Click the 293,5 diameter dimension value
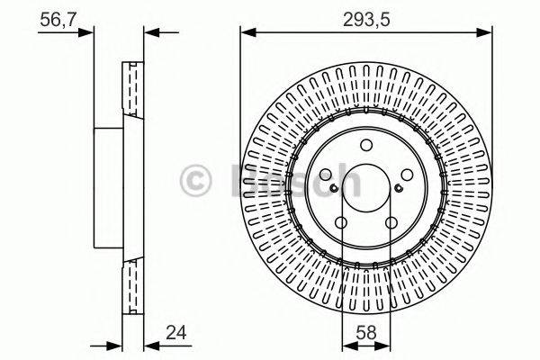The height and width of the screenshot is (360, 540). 365,15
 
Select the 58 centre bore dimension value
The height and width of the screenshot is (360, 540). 365,332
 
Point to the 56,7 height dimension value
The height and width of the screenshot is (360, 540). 57,15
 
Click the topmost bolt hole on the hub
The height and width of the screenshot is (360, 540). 365,148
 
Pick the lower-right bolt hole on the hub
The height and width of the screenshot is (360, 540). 391,224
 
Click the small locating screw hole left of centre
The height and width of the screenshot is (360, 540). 333,188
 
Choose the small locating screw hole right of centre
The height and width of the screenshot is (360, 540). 399,188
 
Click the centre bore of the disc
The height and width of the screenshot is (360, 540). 365,190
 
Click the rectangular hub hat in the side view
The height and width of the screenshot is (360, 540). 108,190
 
